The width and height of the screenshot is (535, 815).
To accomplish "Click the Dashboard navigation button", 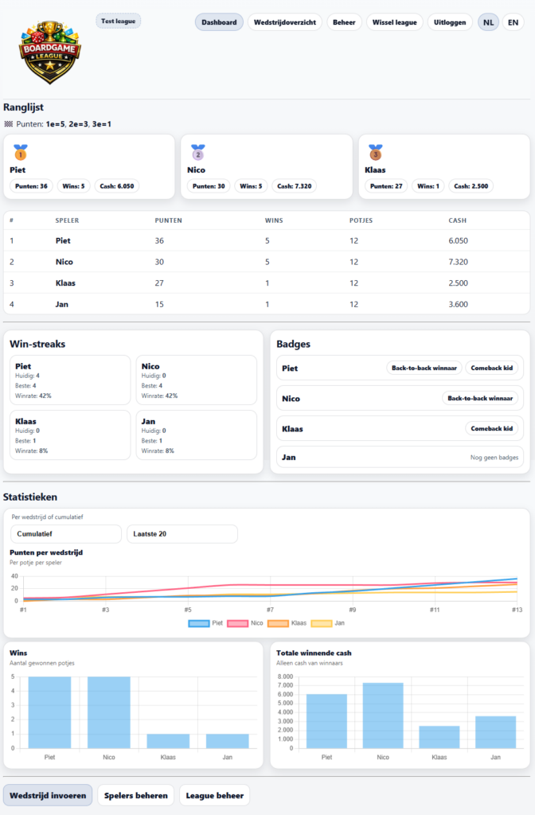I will coord(219,22).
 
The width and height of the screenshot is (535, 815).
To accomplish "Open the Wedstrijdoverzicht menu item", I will coord(284,22).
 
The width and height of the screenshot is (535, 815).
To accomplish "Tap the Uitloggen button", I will coord(450,22).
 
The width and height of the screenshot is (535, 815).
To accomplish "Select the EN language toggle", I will coord(513,22).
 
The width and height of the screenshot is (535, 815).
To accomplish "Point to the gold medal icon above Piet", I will coord(20,151).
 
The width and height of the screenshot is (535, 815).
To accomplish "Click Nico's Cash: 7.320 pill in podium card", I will coord(294,186).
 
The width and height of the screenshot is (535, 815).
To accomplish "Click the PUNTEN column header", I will coord(167,220).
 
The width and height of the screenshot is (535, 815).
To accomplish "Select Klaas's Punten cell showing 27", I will coord(162,283).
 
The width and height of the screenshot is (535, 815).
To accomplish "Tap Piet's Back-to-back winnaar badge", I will coord(424,368).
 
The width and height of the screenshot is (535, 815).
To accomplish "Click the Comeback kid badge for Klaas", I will coord(491,428).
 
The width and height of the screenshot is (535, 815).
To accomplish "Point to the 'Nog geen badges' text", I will coord(494,458).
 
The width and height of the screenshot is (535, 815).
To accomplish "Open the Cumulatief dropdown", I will coord(65,534).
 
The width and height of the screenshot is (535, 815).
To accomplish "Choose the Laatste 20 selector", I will coord(182,534).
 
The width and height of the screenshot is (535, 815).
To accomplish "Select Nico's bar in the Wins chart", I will coord(109,712).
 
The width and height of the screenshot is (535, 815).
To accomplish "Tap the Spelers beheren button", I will coord(135,795).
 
